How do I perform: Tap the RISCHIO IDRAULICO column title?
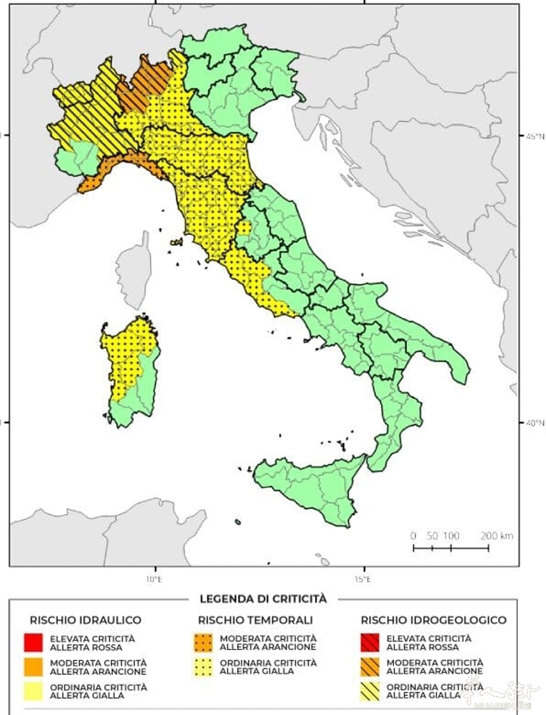click(86, 620)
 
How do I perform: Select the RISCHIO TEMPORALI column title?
click(255, 620)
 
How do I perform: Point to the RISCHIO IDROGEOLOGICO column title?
click(433, 620)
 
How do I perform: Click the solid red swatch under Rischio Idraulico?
click(33, 643)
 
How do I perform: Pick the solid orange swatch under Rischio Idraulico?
click(33, 667)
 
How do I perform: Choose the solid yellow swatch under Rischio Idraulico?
click(33, 691)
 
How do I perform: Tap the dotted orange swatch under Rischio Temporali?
click(203, 643)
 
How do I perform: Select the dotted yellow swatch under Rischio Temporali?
click(203, 667)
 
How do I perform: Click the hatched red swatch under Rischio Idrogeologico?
click(370, 643)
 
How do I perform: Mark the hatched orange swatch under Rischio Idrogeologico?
click(370, 667)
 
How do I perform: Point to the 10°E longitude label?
click(155, 579)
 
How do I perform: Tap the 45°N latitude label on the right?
click(533, 136)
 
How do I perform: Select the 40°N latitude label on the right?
click(533, 423)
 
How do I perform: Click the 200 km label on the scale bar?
click(497, 536)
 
